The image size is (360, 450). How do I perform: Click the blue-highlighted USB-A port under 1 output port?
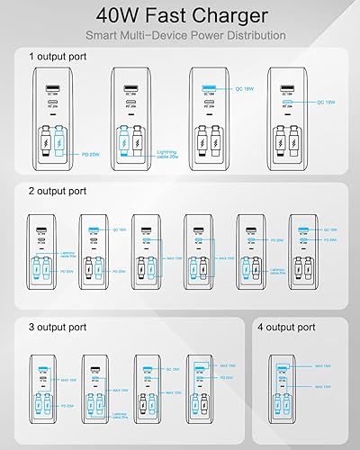(210, 88)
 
